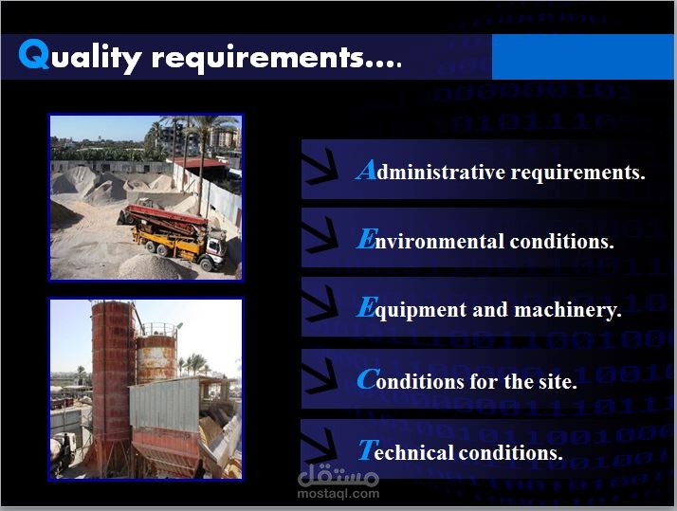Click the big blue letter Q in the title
coord(34,54)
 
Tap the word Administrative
coord(430,170)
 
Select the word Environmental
coord(430,239)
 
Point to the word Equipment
coord(412,309)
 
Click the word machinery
coord(568,310)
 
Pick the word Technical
coord(405,450)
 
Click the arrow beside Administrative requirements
coord(320,168)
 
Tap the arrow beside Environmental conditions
coord(320,236)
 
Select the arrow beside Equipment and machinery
coord(320,304)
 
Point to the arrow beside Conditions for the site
coord(320,376)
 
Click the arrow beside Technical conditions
coord(320,447)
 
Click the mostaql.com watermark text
coord(338,493)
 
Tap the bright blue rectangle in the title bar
coord(582,57)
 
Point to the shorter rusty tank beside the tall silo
coord(156,359)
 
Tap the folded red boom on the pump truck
coord(166,217)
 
